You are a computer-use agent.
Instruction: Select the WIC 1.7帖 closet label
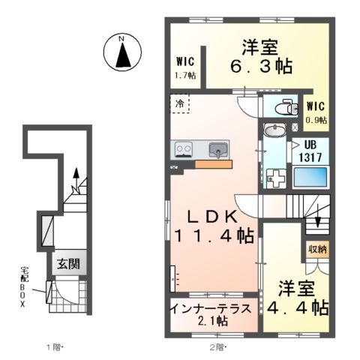186,67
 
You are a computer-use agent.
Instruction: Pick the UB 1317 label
315,154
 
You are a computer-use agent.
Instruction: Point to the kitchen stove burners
182,149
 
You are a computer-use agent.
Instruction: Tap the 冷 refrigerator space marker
181,101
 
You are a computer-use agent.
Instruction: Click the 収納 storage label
316,249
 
